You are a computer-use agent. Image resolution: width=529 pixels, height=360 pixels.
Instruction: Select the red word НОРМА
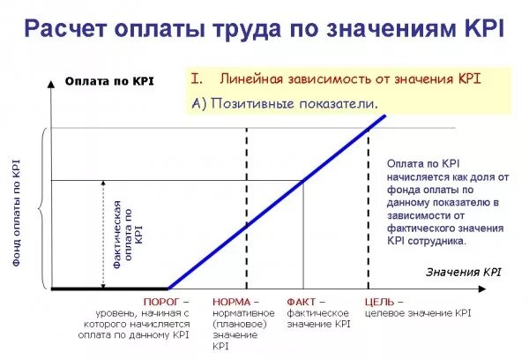click(231, 302)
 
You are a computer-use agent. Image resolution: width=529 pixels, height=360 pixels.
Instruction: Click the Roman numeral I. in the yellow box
click(198, 79)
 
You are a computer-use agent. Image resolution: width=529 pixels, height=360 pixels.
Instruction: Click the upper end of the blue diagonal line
click(384, 116)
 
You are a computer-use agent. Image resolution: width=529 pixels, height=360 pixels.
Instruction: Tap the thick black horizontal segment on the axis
click(109, 289)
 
